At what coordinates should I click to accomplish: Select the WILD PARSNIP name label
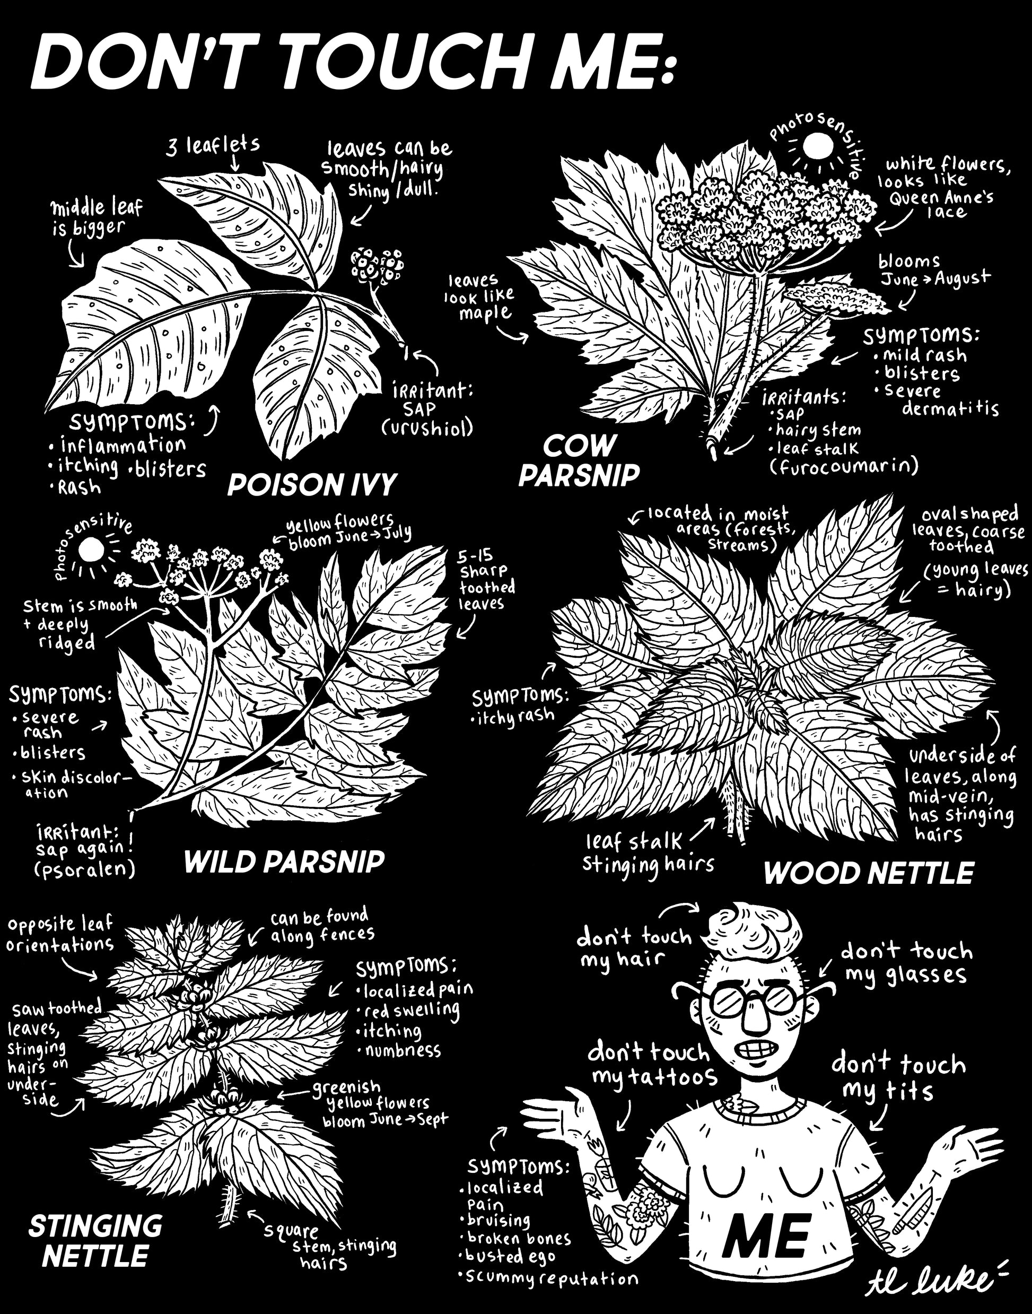coord(284,862)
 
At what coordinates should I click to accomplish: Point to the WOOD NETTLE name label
coord(869,873)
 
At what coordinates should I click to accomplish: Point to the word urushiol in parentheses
coord(426,428)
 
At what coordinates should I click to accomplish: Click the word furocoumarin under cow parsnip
coord(844,466)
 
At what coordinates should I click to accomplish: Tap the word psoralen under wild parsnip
coord(85,869)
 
